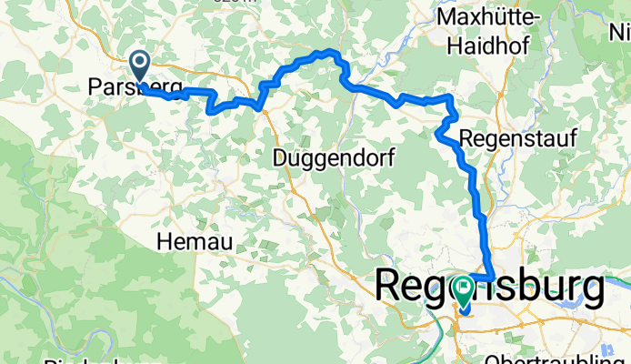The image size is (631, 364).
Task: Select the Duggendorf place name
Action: click(334, 158)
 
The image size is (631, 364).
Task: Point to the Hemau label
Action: click(195, 241)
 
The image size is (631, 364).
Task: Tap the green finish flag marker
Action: click(465, 290)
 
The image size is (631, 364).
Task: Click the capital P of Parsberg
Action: click(95, 86)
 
